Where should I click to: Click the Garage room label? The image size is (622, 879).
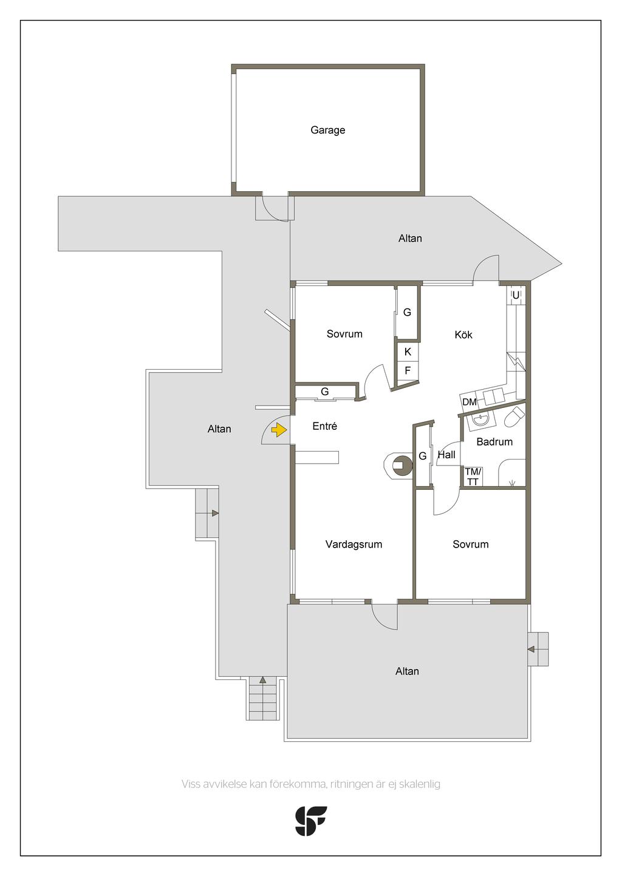click(327, 130)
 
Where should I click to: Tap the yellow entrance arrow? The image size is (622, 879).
click(279, 430)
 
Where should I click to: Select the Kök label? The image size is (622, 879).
click(463, 334)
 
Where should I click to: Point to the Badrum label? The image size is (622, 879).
click(494, 442)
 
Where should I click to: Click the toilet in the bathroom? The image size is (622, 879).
click(514, 417)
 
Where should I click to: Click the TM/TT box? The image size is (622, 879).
click(473, 477)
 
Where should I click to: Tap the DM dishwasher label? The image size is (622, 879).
click(470, 402)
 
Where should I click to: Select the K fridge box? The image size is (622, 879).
click(408, 352)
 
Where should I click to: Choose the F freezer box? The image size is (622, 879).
click(408, 370)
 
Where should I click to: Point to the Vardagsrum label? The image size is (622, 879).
click(354, 545)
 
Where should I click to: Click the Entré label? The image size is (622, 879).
click(325, 426)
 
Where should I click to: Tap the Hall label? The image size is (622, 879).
click(446, 455)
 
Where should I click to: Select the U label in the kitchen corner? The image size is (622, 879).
click(516, 295)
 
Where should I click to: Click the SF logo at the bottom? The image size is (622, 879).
click(310, 821)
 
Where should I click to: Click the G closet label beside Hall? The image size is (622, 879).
click(423, 456)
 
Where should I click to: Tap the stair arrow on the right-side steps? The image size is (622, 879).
click(531, 650)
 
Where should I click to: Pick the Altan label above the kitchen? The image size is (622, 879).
click(410, 238)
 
